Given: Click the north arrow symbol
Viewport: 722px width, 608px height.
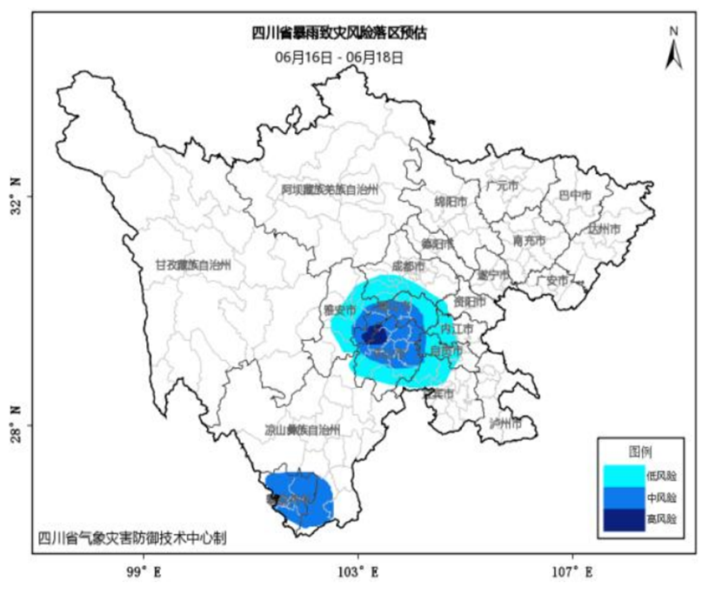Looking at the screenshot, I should [673, 50].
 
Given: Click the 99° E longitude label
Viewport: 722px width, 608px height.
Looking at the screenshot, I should [143, 572].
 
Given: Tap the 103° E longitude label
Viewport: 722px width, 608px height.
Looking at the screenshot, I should [358, 572].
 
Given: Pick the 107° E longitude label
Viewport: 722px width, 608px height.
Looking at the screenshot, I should [574, 572].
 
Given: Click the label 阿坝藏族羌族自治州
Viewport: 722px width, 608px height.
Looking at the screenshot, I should [331, 189].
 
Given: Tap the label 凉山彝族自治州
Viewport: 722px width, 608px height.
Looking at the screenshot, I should [302, 431].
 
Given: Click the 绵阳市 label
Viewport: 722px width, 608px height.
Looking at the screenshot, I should [451, 201].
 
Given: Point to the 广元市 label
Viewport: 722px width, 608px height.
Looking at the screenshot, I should [502, 185].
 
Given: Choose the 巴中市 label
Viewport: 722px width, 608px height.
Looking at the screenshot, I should [574, 195].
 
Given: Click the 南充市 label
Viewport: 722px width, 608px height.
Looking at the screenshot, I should [529, 240].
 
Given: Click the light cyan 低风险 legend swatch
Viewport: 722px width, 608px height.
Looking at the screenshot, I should [621, 476].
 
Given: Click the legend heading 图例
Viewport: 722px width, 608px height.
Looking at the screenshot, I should [641, 451].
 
